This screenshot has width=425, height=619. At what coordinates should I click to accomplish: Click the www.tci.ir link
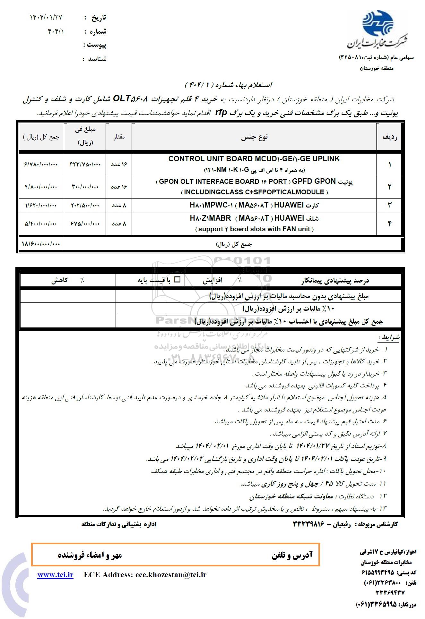(55, 575)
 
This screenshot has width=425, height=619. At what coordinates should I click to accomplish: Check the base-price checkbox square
(177, 280)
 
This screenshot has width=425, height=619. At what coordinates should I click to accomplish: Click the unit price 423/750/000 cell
(85, 164)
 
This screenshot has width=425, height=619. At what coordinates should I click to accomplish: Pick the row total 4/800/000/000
(41, 187)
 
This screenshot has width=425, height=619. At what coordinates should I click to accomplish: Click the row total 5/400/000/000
(41, 224)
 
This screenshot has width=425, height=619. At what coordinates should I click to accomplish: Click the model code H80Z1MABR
(210, 218)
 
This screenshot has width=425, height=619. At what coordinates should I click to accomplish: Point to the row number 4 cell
(389, 224)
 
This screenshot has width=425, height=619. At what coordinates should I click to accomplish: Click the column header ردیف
(389, 137)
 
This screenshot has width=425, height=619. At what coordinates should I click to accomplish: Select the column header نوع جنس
(254, 137)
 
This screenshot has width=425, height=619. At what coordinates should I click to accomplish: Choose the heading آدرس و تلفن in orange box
(292, 555)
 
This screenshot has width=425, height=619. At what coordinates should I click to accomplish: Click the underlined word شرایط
(389, 337)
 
